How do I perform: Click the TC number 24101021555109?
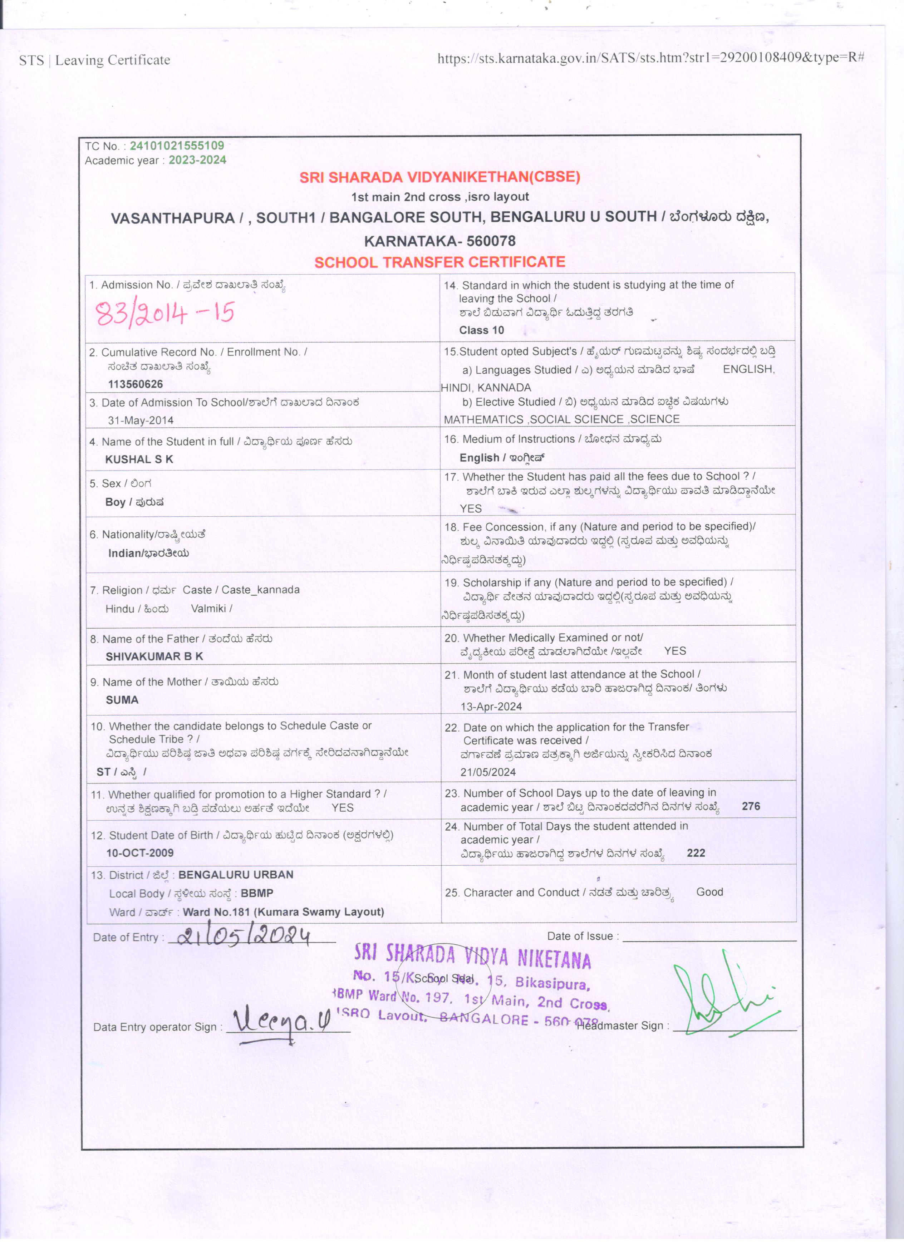(177, 146)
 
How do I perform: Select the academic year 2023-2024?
(197, 160)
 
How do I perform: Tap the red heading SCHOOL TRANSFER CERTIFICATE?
(439, 262)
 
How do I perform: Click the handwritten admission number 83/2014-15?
(165, 314)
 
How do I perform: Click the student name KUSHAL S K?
(139, 459)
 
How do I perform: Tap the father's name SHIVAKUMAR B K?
(154, 656)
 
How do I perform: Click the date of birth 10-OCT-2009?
(140, 852)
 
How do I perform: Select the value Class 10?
(482, 330)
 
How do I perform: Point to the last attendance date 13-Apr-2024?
(491, 706)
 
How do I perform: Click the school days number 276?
(751, 806)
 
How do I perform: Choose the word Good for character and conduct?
(709, 892)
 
